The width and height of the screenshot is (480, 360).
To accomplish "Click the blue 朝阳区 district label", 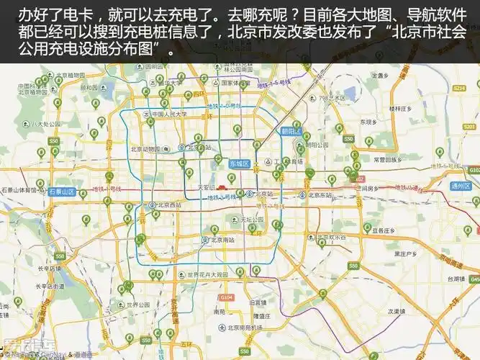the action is point(291,132).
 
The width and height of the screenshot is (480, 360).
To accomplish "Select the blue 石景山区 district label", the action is point(62,192).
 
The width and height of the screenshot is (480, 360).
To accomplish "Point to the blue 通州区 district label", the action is point(460,186).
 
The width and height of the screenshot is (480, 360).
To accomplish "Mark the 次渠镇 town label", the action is point(398,312).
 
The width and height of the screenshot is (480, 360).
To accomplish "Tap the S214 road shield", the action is point(459,87).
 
